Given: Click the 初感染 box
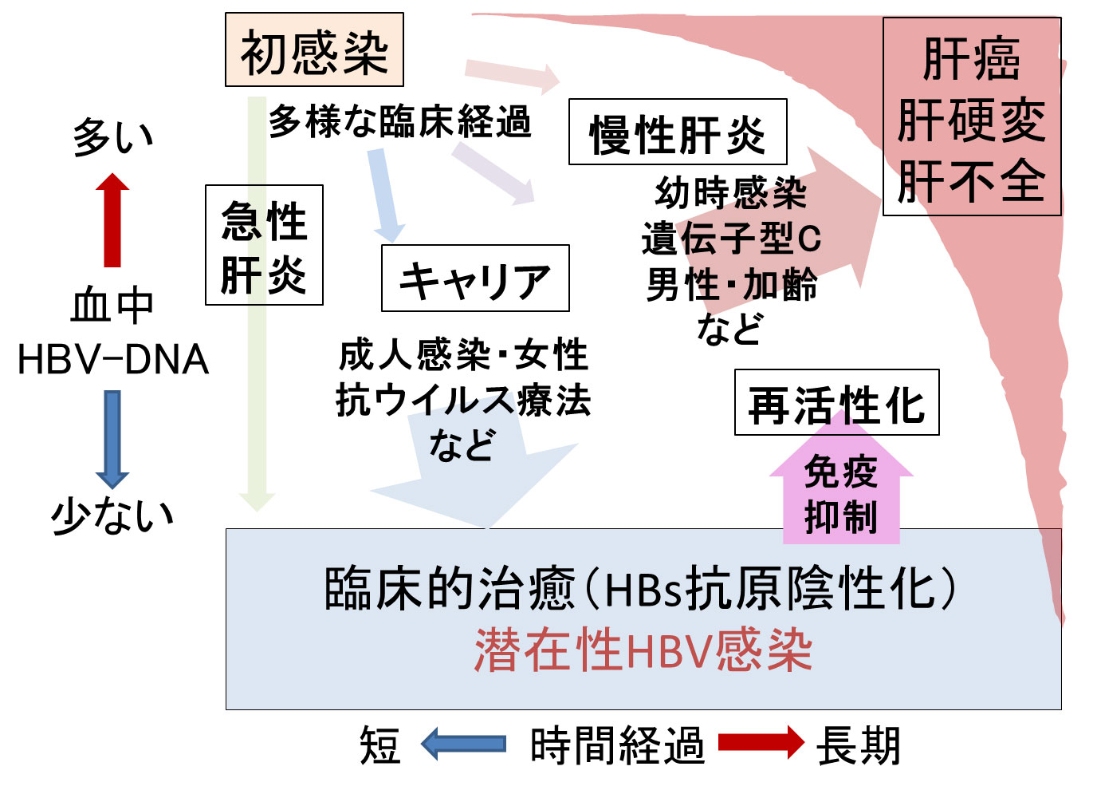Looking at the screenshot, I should (x=314, y=49).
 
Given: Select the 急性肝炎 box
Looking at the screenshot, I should (x=264, y=245).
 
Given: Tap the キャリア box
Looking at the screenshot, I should (x=475, y=278).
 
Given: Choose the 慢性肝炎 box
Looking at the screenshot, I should (x=678, y=132).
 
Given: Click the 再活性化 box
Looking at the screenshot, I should (x=836, y=403).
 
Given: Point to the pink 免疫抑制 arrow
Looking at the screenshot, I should (x=841, y=491).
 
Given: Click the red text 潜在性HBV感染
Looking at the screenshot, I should (x=643, y=650).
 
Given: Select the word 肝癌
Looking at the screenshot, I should (x=971, y=60).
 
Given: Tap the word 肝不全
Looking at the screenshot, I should (x=971, y=181).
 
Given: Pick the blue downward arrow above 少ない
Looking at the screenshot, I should (x=112, y=439).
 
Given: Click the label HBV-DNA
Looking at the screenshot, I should (x=112, y=360).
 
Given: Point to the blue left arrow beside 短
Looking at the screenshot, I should (x=463, y=744).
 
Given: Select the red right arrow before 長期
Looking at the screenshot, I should (x=761, y=743).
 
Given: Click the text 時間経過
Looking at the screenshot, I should (x=617, y=745).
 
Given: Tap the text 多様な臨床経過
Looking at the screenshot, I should (x=399, y=122).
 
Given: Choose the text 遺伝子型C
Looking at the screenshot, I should (x=731, y=238).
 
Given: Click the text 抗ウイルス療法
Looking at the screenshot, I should (x=462, y=400).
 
